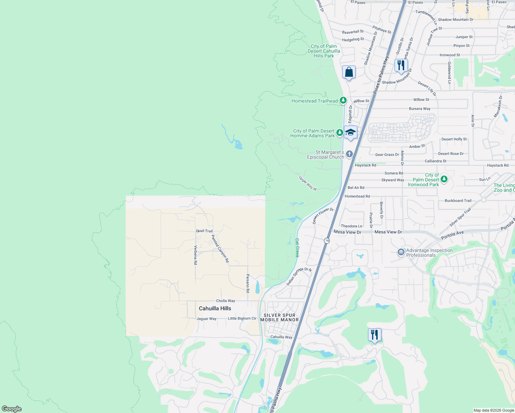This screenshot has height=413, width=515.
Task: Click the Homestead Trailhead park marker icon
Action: click(x=343, y=100)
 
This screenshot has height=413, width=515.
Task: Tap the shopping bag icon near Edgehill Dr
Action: click(x=349, y=73)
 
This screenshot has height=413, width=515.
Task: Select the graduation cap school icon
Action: click(x=350, y=133)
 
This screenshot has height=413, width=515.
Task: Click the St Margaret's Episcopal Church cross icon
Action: click(x=349, y=154)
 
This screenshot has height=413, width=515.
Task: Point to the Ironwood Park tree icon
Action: click(x=444, y=179)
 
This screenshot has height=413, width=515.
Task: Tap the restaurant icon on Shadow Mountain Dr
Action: click(x=401, y=65)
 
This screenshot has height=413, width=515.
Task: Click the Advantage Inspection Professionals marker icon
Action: click(x=401, y=252)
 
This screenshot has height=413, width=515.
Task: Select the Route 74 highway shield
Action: click(x=327, y=241)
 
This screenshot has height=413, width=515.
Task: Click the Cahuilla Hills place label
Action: click(x=215, y=308)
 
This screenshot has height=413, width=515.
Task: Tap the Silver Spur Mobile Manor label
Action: click(x=280, y=317)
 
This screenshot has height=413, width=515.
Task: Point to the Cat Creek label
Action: click(x=297, y=248)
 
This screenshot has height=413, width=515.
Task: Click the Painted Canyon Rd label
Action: click(x=220, y=248)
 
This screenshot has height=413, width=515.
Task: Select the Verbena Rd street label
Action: click(x=196, y=255)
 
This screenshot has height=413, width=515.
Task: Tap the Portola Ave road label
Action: click(x=452, y=235)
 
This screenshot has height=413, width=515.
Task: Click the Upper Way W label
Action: click(x=308, y=183)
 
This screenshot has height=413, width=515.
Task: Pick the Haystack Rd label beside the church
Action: click(x=365, y=165)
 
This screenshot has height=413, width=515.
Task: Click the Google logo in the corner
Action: click(x=12, y=409)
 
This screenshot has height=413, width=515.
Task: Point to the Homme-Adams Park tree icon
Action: click(x=339, y=133)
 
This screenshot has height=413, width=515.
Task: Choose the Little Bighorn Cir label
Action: click(x=242, y=318)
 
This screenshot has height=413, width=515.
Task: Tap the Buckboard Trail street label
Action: click(x=458, y=201)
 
